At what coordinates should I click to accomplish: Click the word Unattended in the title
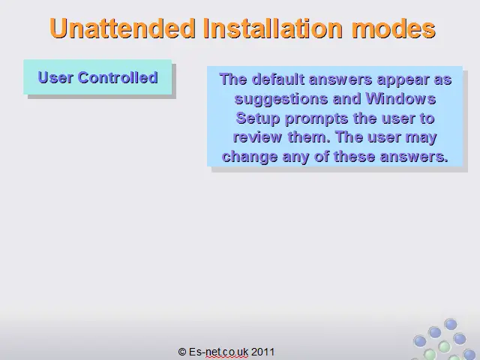pos(122,28)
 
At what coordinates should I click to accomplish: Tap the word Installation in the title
pos(273,28)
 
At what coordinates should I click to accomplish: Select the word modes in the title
pos(394,28)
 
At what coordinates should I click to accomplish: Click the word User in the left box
pos(55,77)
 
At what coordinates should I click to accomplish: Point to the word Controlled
pos(118,77)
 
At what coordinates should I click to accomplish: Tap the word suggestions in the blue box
pos(281,100)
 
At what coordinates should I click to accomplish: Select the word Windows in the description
pos(400,98)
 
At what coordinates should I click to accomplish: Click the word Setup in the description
pos(258,118)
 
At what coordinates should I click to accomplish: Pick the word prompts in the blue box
pos(316,118)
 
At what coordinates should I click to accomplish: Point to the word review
pos(257,137)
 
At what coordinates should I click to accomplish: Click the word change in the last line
pos(250,157)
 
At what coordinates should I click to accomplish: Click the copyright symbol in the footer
pos(182,352)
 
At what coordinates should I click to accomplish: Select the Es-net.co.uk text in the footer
pos(218,352)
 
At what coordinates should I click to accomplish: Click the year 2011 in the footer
pos(263,352)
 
